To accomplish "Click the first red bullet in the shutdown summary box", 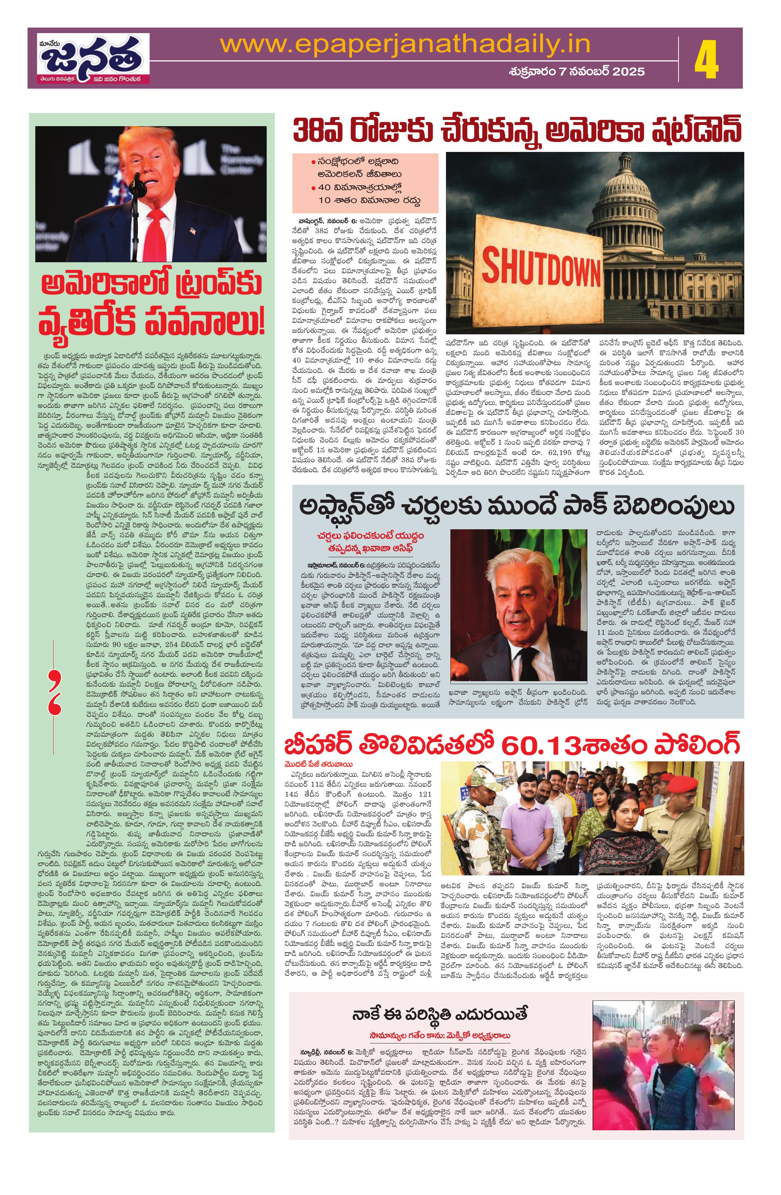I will [313, 162].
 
